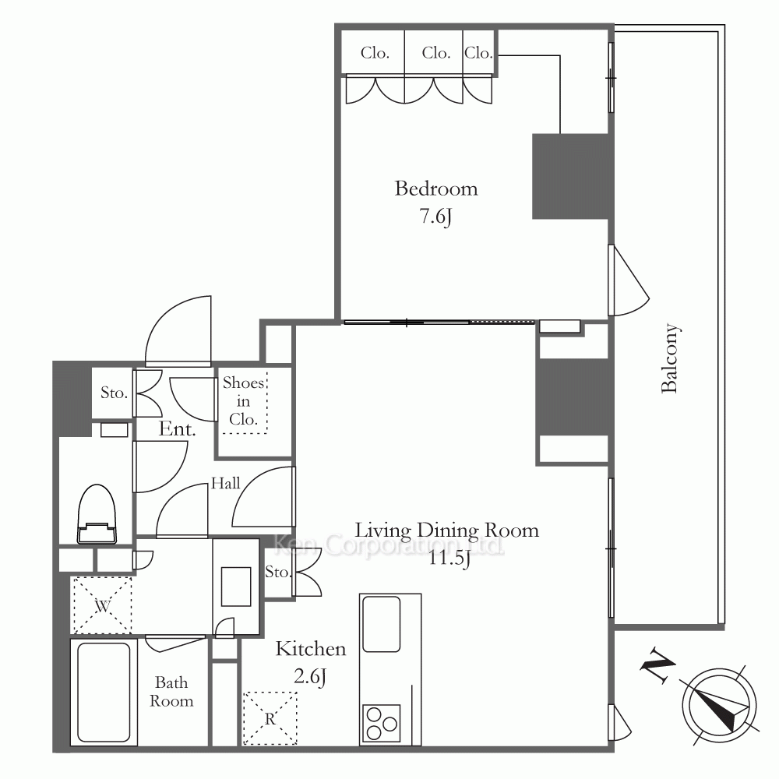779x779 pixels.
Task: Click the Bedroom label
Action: point(436,189)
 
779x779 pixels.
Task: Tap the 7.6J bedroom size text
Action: point(436,217)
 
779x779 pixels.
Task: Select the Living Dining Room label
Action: point(446,530)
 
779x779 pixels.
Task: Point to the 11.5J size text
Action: point(449,558)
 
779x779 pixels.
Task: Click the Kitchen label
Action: point(311,649)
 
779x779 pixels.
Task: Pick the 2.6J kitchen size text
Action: point(310,677)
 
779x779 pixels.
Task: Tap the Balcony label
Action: point(670,358)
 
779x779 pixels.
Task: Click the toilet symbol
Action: point(97,513)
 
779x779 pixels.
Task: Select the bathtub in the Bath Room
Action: point(104,692)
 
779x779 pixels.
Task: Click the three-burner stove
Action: point(382,723)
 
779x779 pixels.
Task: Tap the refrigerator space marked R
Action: point(270,718)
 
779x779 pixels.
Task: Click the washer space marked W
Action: point(102,605)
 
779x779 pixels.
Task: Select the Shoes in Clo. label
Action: point(243,401)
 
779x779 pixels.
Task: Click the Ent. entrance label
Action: point(177,428)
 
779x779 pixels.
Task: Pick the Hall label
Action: point(225,483)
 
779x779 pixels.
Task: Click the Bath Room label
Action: point(171,692)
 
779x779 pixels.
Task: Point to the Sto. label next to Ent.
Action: point(114,393)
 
